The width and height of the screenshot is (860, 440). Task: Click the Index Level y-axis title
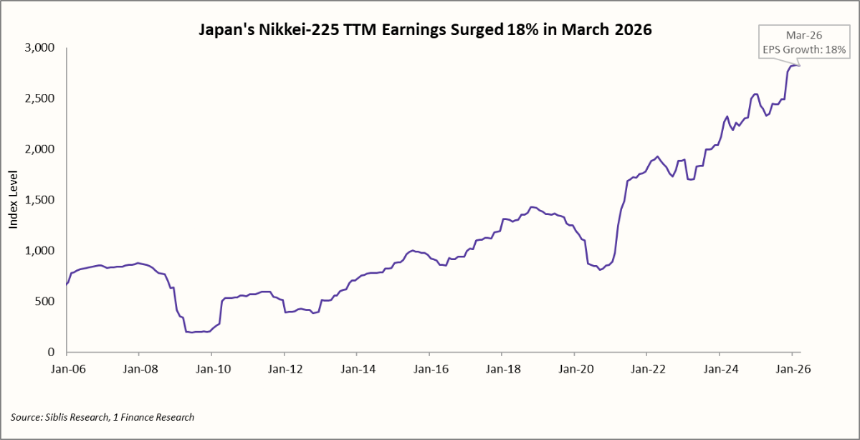pos(13,200)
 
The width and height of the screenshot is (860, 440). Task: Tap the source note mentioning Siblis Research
pos(102,416)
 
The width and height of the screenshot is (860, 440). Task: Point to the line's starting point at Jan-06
pos(67,284)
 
